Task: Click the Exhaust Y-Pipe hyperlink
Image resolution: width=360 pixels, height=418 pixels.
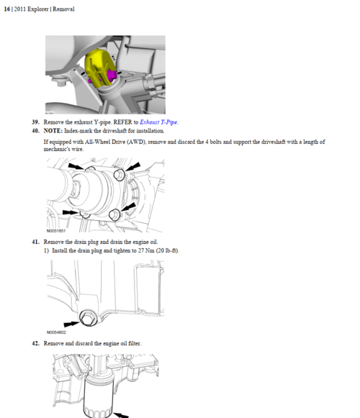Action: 159,122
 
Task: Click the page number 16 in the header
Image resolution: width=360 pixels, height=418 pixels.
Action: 7,9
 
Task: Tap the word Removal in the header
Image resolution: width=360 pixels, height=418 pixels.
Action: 63,9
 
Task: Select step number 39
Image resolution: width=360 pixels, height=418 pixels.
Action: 35,122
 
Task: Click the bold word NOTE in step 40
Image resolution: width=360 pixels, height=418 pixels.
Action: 53,131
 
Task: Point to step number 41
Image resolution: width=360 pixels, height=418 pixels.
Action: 35,242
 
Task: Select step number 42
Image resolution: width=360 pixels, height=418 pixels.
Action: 35,343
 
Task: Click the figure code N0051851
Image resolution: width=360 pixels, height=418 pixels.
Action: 56,231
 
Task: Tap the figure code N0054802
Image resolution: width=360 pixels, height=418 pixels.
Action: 56,332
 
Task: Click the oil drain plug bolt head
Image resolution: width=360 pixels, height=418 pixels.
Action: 89,318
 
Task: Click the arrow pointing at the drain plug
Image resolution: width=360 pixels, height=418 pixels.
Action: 71,324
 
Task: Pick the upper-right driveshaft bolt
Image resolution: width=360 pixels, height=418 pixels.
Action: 119,175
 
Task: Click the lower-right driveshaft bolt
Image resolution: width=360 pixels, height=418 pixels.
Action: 114,214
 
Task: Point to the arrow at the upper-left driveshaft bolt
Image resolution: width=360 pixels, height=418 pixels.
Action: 76,166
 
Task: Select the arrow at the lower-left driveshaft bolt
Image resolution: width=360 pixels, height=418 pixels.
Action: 71,212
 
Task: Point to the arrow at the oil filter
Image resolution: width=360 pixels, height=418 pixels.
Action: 121,415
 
